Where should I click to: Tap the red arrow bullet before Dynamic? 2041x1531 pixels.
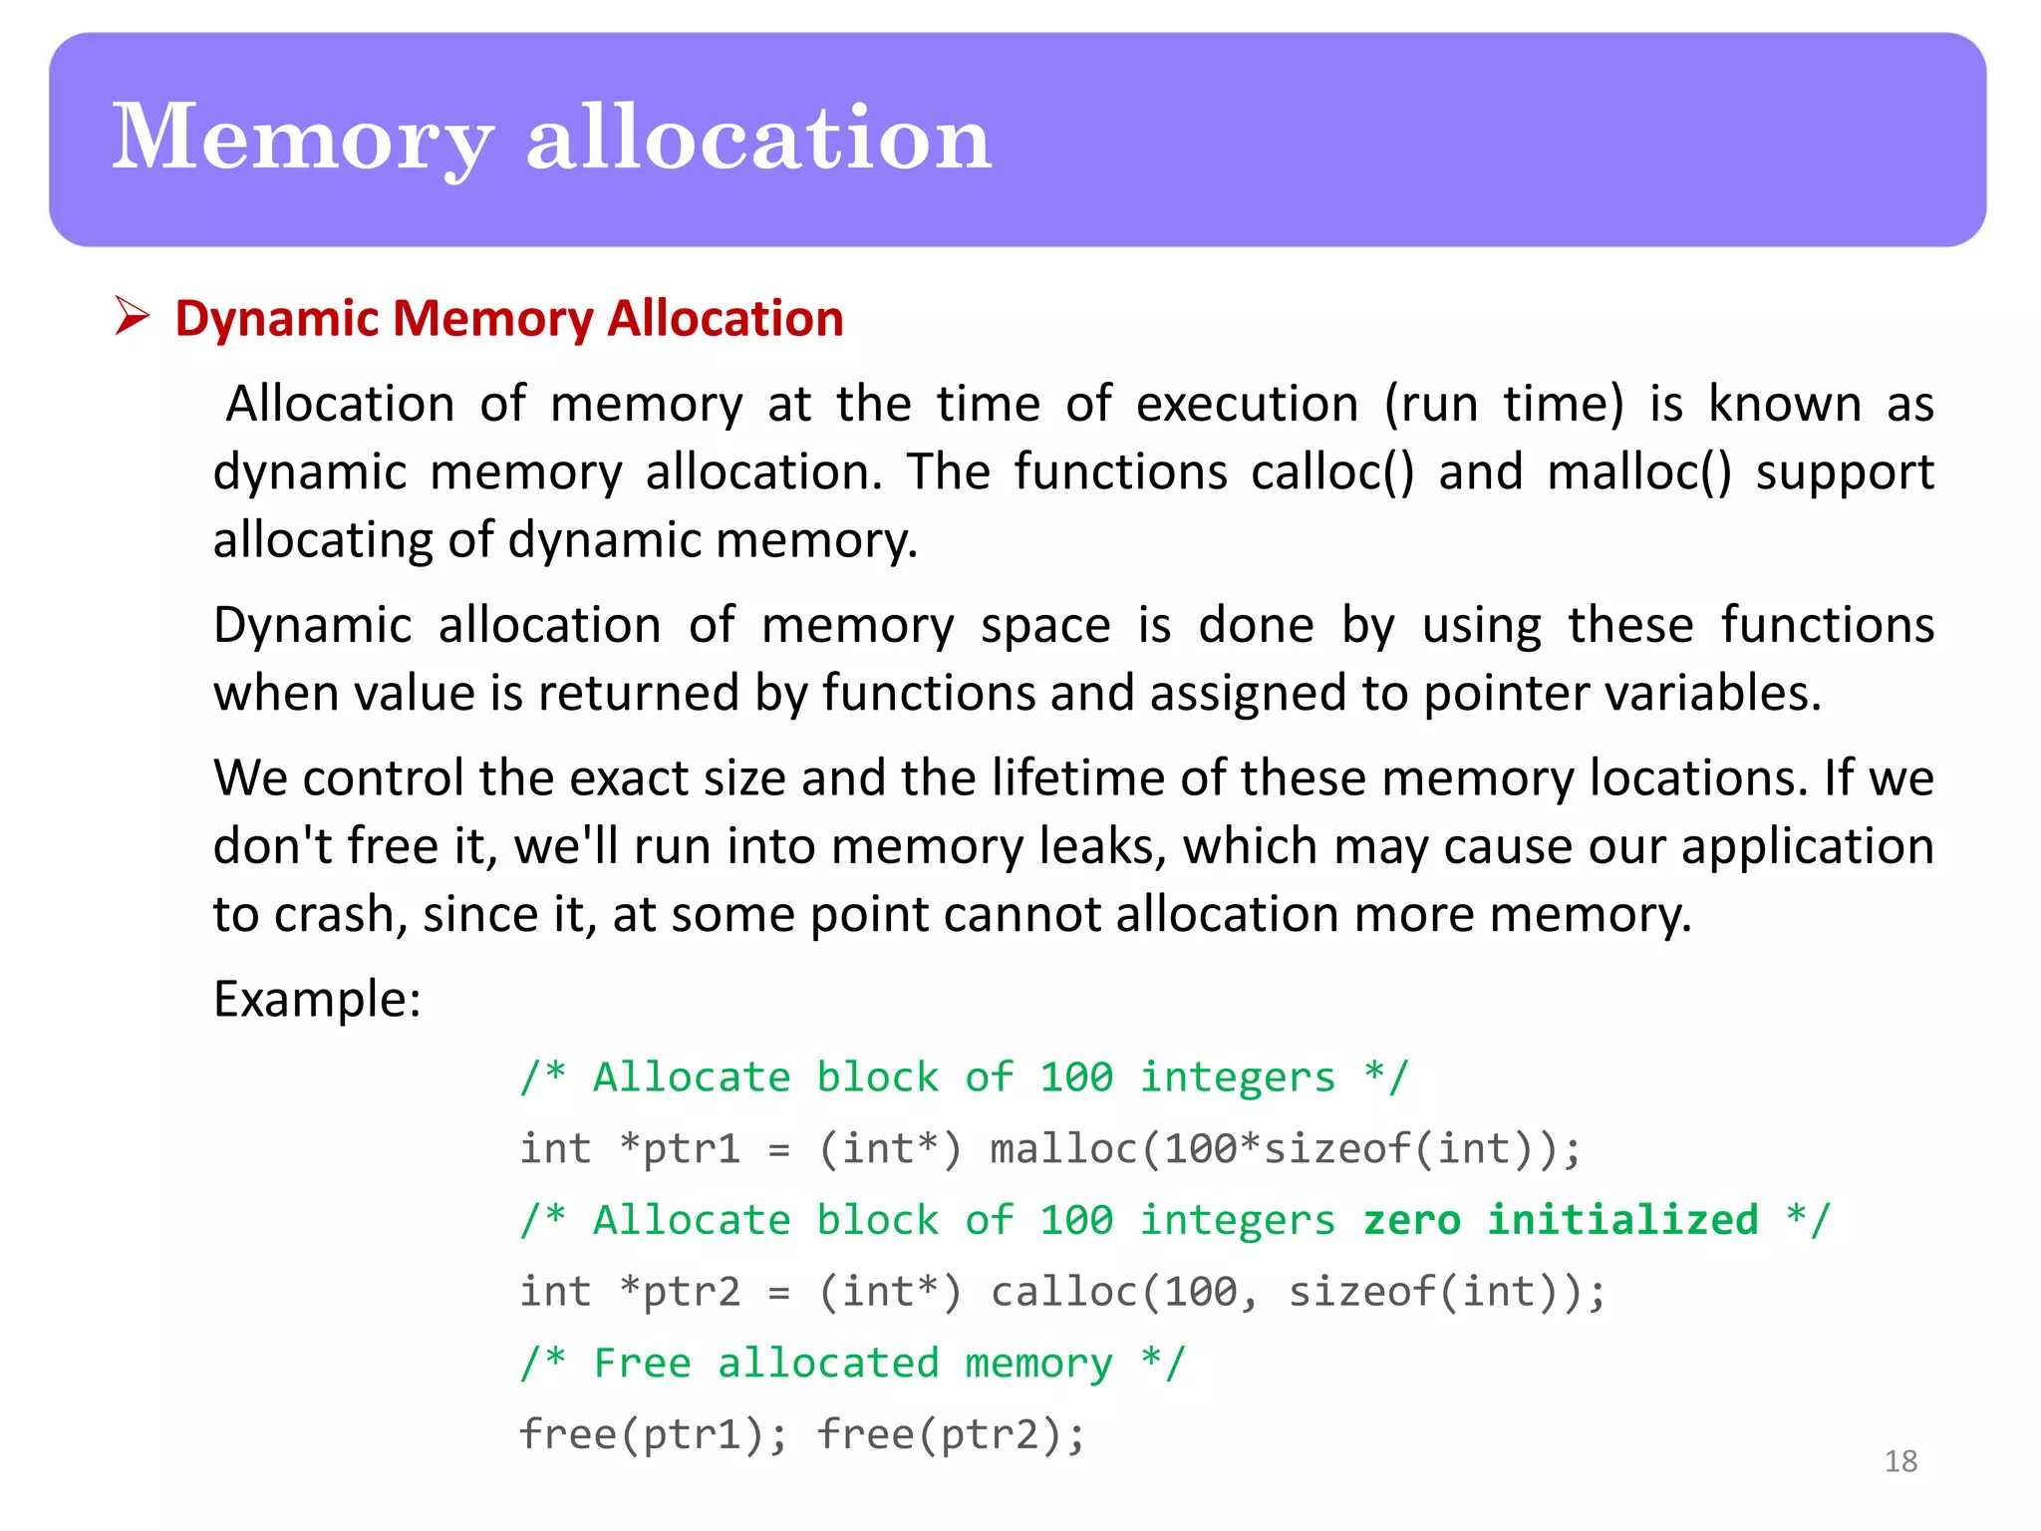coord(132,317)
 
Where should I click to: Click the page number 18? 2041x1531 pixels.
coord(1900,1461)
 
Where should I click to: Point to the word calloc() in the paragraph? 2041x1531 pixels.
coord(1332,471)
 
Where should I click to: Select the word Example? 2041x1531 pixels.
coord(317,999)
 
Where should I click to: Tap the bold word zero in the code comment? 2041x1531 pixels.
coord(1412,1220)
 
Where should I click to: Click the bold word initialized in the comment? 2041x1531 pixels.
coord(1622,1220)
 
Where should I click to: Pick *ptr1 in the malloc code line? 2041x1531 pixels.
coord(680,1149)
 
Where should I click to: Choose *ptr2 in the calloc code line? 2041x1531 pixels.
coord(680,1292)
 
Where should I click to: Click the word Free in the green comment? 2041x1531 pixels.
coord(643,1363)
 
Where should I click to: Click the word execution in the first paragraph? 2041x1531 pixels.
coord(1247,405)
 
